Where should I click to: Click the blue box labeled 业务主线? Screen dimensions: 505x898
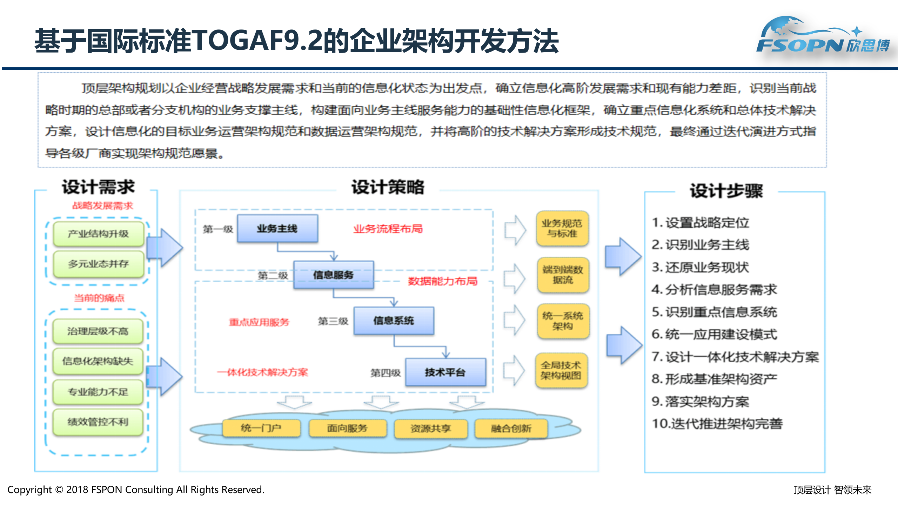[x=277, y=229]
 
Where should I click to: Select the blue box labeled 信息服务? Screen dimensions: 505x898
[x=334, y=275]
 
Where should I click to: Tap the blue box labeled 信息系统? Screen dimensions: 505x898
[x=394, y=321]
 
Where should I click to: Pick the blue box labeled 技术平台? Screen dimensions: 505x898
[x=445, y=372]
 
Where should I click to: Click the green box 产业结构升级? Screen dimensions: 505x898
[x=99, y=234]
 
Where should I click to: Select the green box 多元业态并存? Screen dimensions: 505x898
[x=99, y=264]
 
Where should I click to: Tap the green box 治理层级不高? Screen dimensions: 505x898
[x=98, y=331]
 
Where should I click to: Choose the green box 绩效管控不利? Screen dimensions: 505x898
[x=98, y=422]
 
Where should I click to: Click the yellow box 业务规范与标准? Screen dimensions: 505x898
[x=562, y=228]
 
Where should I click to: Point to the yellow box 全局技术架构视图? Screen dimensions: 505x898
[x=561, y=370]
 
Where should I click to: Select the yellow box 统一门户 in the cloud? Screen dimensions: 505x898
[x=261, y=428]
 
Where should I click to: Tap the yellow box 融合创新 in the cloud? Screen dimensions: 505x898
[x=511, y=428]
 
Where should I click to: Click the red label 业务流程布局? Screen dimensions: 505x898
[x=388, y=229]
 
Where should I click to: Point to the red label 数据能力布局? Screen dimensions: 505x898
[x=443, y=281]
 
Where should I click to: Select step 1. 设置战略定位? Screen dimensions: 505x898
[x=701, y=223]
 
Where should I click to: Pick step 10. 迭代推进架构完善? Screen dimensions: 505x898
[x=717, y=424]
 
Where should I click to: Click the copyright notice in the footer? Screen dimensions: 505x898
[x=136, y=490]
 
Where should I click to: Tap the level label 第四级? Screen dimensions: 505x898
[x=386, y=373]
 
